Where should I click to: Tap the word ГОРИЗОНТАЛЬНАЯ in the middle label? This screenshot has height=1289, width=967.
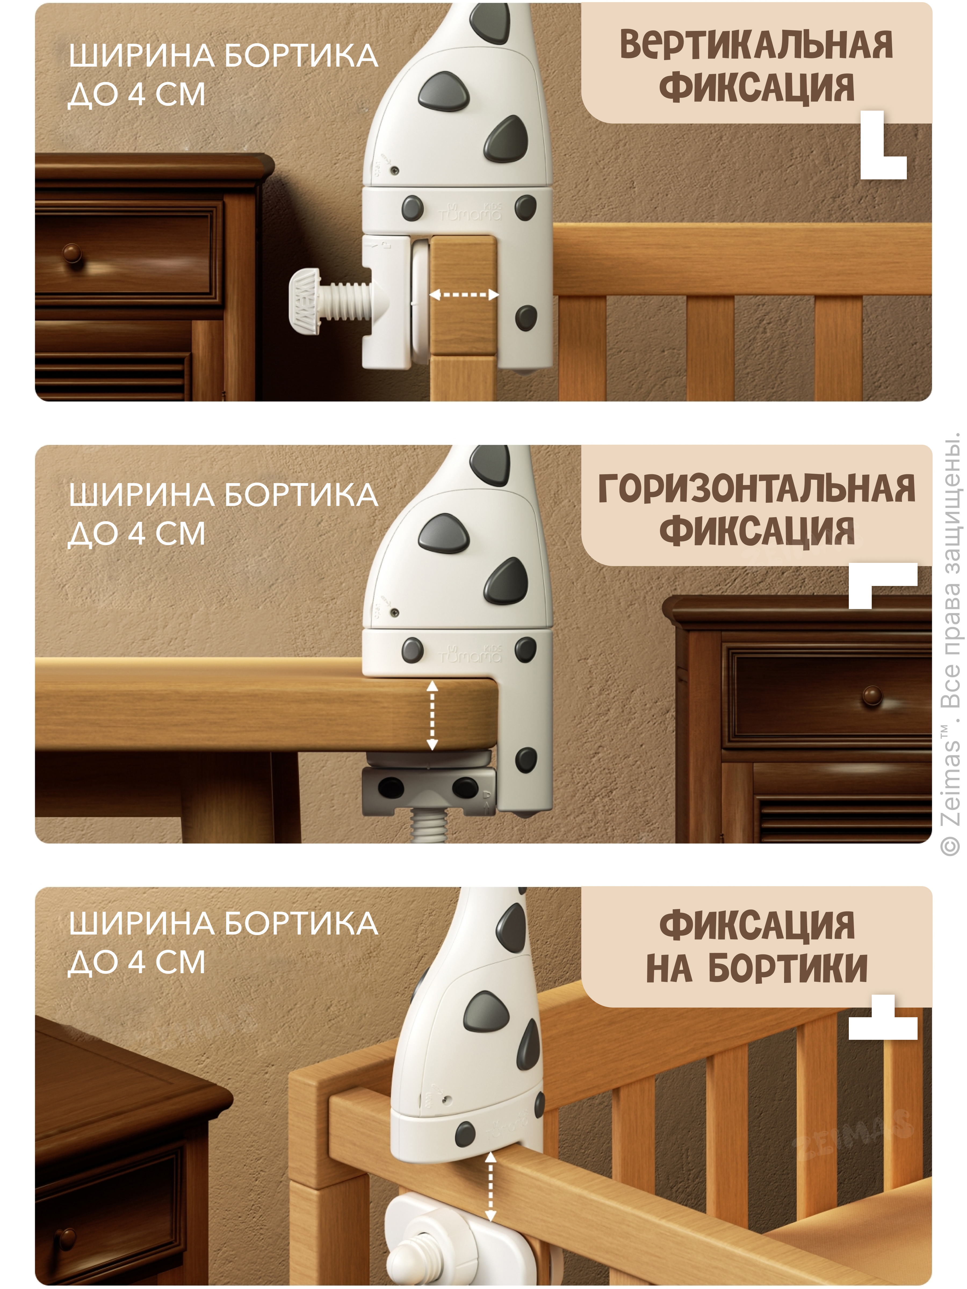point(756,488)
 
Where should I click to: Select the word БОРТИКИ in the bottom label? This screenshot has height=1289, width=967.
point(788,969)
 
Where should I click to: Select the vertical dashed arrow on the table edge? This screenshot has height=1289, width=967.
point(432,716)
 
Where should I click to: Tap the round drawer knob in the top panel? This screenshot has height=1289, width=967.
point(72,252)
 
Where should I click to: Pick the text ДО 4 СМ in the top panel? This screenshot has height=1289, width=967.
point(137,95)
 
